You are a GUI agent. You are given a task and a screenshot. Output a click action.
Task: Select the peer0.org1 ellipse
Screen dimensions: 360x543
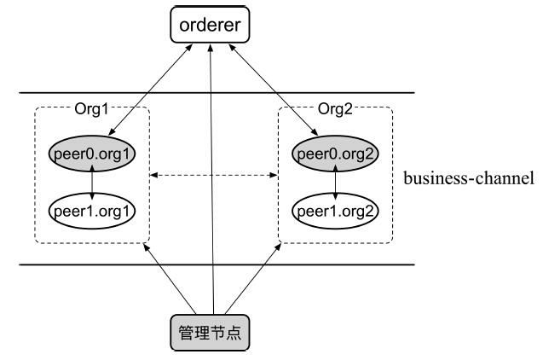(93, 154)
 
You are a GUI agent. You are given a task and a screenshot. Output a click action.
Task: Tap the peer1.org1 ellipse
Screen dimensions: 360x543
(93, 208)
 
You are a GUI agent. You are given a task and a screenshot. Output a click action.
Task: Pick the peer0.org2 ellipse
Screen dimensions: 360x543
(334, 154)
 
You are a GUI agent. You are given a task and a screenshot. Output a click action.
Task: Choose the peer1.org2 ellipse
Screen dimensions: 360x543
(334, 208)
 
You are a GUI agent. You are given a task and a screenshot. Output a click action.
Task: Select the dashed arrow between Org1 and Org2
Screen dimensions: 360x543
(213, 177)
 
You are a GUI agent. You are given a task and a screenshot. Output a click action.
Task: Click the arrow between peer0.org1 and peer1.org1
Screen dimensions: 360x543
(93, 182)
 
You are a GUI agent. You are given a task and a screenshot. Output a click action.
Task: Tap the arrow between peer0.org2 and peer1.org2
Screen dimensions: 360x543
(334, 182)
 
